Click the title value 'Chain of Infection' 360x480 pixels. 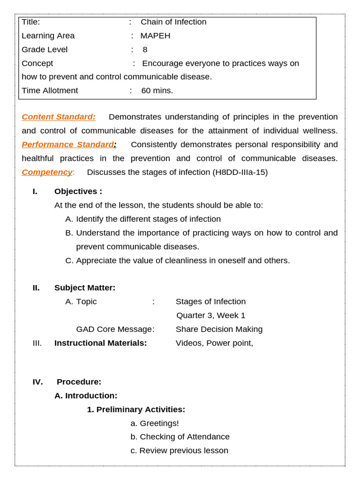pyautogui.click(x=173, y=22)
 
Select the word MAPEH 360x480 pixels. pyautogui.click(x=155, y=36)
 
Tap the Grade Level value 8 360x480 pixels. pyautogui.click(x=145, y=50)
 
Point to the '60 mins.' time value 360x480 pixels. pyautogui.click(x=157, y=90)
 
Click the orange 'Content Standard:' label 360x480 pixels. pyautogui.click(x=59, y=117)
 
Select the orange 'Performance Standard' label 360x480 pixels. pyautogui.click(x=68, y=144)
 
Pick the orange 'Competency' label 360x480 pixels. pyautogui.click(x=47, y=172)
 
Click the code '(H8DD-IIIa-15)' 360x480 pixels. pyautogui.click(x=240, y=172)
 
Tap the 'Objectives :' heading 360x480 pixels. pyautogui.click(x=78, y=191)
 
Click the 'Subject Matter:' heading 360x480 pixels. pyautogui.click(x=85, y=288)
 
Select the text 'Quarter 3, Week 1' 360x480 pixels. pyautogui.click(x=210, y=315)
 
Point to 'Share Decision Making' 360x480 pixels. pyautogui.click(x=219, y=329)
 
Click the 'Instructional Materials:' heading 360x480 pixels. pyautogui.click(x=101, y=343)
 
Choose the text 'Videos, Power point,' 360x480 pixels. pyautogui.click(x=214, y=343)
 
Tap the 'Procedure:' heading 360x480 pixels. pyautogui.click(x=79, y=382)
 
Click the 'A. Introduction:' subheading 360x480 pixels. pyautogui.click(x=86, y=396)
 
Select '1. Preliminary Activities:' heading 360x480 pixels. pyautogui.click(x=136, y=410)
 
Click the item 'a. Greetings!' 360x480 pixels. pyautogui.click(x=155, y=423)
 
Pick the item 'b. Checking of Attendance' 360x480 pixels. pyautogui.click(x=180, y=437)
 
